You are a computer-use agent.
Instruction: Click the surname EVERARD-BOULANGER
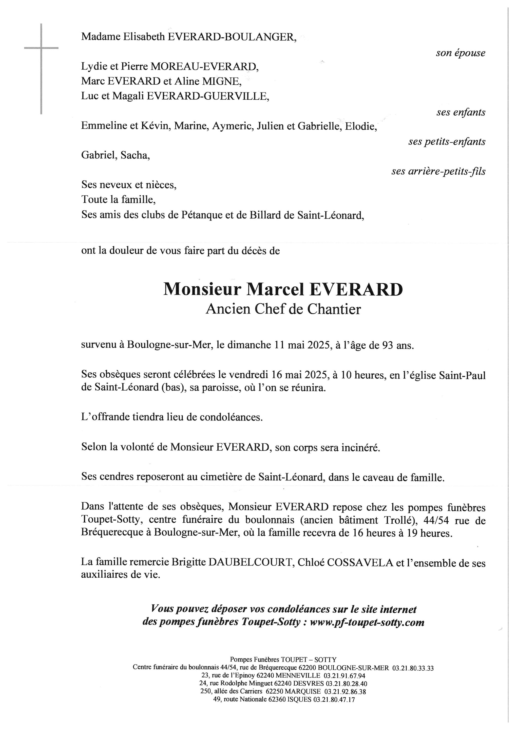point(232,37)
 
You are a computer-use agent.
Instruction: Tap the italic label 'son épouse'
point(460,53)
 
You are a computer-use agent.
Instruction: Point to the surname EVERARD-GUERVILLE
point(207,96)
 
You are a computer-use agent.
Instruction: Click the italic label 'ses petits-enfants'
point(447,142)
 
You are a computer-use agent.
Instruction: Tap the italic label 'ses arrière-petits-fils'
point(438,171)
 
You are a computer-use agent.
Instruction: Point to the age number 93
point(388,345)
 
